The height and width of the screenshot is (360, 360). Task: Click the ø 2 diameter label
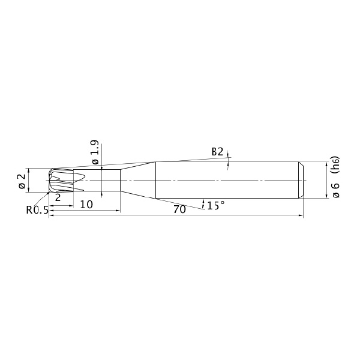22,181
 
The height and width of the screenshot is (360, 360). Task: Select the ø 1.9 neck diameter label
95,152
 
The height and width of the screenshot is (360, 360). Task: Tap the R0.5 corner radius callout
37,210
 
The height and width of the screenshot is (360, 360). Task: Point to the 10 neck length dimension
86,204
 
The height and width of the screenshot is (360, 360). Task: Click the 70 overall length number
179,209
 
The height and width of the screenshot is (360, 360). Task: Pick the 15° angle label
216,205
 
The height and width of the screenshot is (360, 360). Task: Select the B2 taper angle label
217,152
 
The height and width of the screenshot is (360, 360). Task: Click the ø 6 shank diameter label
335,190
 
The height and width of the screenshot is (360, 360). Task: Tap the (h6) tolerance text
335,166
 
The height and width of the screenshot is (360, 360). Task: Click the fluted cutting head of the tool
61,181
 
